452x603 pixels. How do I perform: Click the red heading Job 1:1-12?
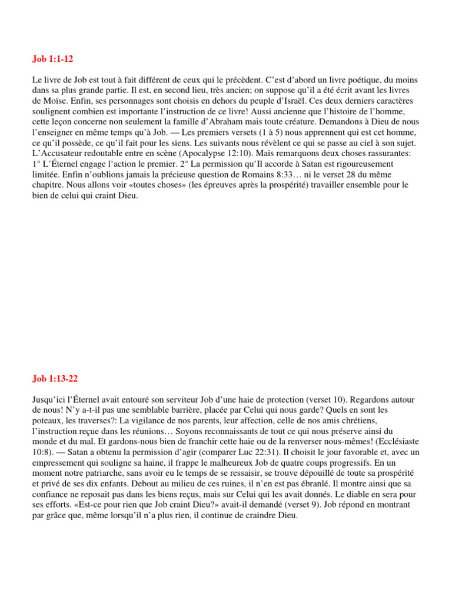pos(52,59)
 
